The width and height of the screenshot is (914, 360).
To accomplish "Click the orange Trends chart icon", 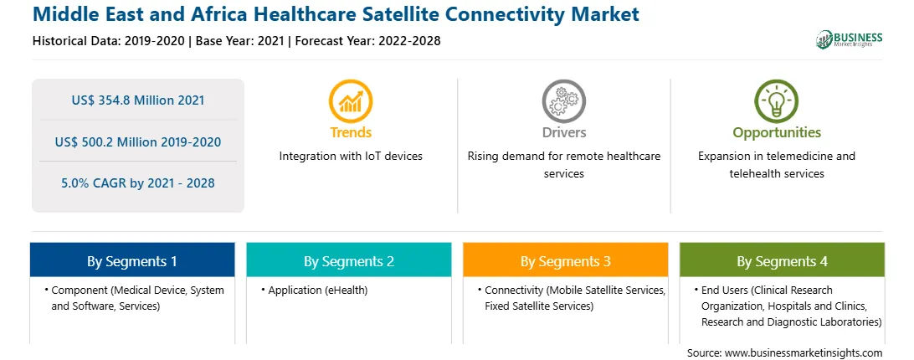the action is tap(351, 101).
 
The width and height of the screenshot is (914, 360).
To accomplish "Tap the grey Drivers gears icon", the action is tap(563, 101).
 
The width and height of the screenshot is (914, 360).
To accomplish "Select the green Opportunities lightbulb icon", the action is tap(777, 101).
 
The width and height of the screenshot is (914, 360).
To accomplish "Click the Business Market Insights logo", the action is tap(849, 39).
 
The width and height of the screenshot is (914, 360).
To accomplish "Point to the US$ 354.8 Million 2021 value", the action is tap(138, 100).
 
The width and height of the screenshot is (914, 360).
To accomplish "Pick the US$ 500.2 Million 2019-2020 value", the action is tap(138, 141).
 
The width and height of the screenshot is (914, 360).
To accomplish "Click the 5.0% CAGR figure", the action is tap(138, 183).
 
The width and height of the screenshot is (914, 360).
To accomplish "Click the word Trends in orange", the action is tap(351, 132).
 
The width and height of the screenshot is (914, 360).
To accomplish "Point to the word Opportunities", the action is tap(777, 133).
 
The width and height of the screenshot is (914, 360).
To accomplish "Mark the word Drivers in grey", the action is tap(564, 132).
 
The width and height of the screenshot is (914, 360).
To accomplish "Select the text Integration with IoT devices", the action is tap(351, 157).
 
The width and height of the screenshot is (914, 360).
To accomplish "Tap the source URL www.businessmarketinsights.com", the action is tap(804, 352).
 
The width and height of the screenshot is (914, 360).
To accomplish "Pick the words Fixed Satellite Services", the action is tap(539, 306).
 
